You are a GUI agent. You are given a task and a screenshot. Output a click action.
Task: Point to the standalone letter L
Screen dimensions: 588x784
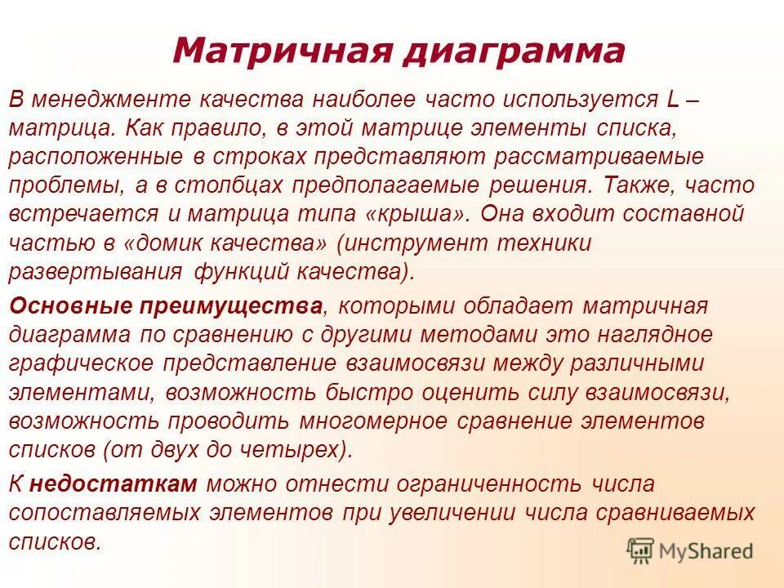click(x=673, y=100)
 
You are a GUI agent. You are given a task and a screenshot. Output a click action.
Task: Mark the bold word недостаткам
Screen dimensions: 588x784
click(x=114, y=483)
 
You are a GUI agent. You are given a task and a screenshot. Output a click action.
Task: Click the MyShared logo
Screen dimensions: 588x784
click(x=690, y=551)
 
